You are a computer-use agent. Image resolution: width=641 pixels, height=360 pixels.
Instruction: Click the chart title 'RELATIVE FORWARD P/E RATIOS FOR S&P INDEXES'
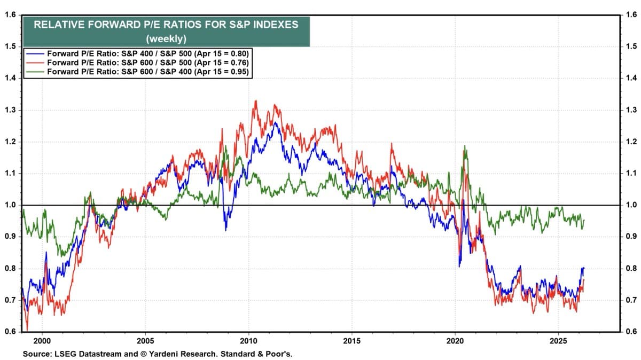click(x=166, y=24)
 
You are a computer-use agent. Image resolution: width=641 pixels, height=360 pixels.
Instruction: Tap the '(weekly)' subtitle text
click(x=166, y=38)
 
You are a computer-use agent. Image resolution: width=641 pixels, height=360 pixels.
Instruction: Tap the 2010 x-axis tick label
click(x=248, y=340)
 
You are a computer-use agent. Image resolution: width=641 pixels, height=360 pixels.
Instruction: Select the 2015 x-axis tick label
click(x=351, y=340)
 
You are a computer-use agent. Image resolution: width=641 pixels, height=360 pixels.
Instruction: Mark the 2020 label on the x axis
click(x=455, y=340)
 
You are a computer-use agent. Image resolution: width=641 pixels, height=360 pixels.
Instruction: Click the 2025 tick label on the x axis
click(x=558, y=340)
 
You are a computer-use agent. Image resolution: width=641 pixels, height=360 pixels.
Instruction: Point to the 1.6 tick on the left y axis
click(x=9, y=15)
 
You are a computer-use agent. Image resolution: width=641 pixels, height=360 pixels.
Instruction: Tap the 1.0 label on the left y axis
click(x=9, y=205)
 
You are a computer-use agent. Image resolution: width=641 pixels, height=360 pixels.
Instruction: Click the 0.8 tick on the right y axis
click(x=631, y=269)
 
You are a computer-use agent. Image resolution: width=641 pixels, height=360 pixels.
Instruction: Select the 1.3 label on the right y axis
click(x=631, y=110)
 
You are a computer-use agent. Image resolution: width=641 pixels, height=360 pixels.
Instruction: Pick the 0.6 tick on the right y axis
click(x=631, y=332)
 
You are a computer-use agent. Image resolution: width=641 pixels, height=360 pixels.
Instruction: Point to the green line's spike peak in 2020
click(x=465, y=146)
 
